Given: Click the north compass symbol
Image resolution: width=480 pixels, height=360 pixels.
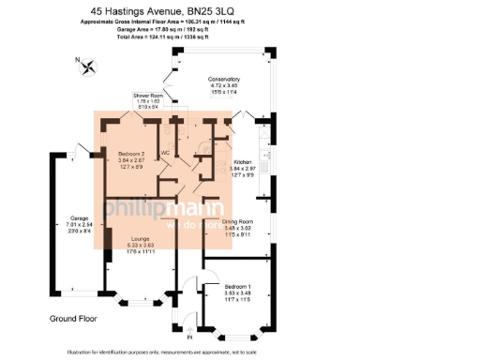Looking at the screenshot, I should pos(89,67).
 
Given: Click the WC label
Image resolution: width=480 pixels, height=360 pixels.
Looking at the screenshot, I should pos(165,153).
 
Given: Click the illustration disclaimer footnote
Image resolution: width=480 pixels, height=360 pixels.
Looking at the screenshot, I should pos(239,352).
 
